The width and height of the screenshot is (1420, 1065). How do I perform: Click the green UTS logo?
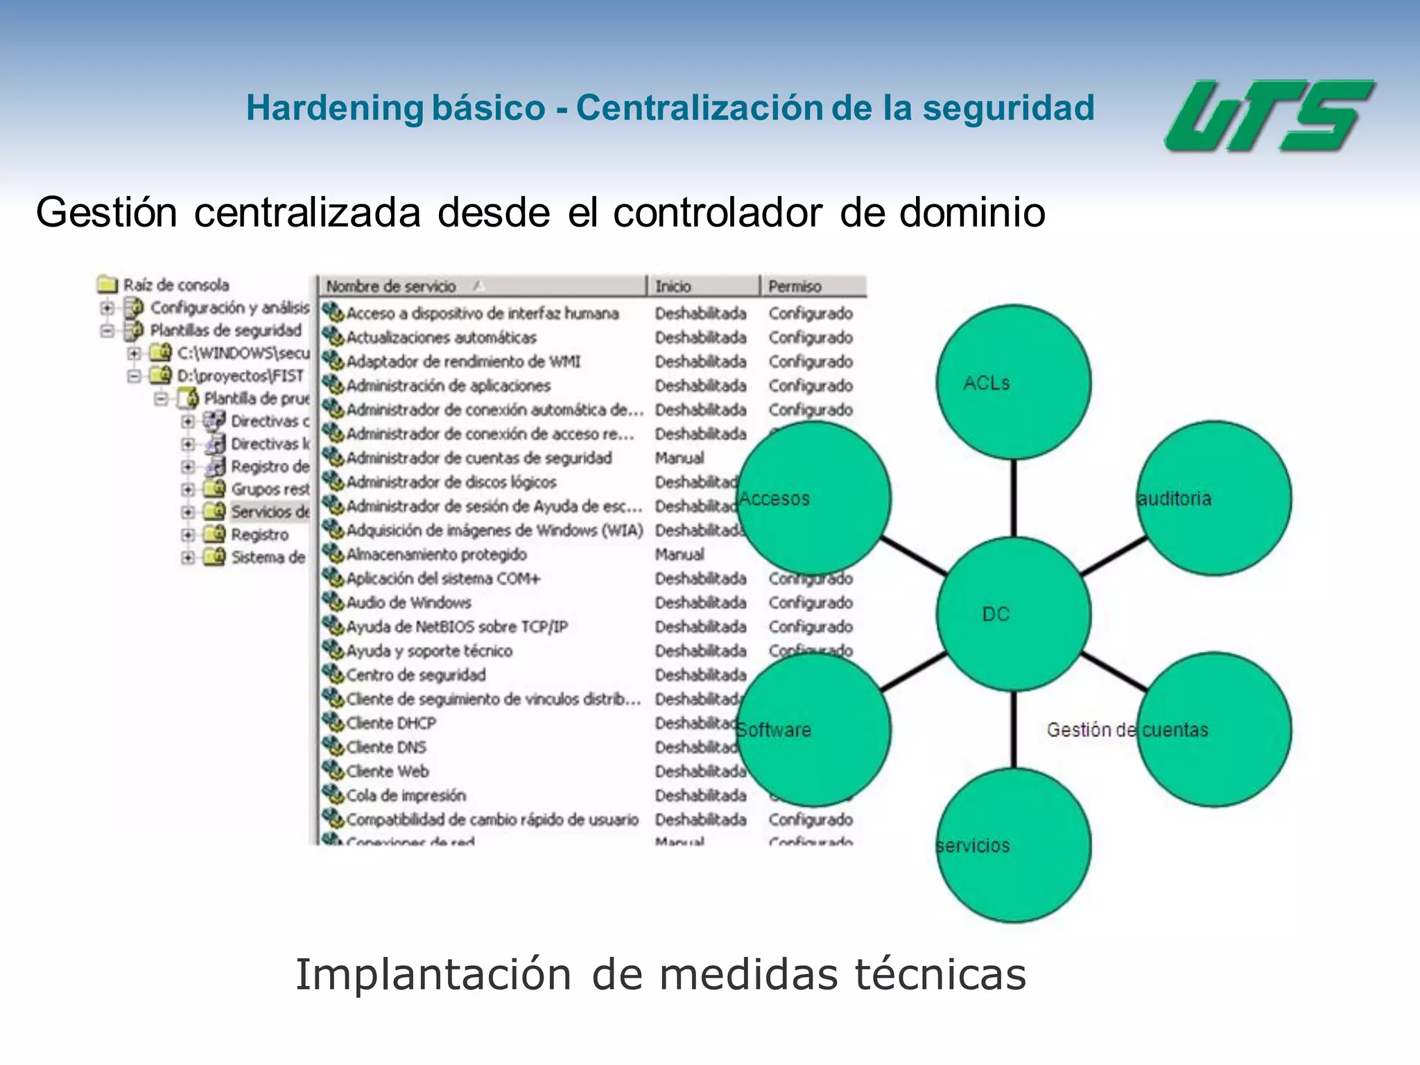1268,116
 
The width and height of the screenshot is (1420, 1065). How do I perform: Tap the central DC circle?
1012,614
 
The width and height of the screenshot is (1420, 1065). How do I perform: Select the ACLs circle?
1012,382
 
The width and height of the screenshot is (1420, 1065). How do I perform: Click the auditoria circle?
1215,498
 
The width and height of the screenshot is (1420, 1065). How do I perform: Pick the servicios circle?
1012,845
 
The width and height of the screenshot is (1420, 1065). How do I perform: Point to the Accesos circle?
813,498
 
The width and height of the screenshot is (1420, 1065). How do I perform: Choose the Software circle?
813,729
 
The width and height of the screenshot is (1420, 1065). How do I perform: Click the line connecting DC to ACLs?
1014,498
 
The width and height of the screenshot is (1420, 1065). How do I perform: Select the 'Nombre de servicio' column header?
392,286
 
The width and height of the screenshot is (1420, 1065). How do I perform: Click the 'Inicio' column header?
673,286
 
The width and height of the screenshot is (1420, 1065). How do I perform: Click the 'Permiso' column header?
795,286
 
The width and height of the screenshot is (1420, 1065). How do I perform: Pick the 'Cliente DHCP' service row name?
391,723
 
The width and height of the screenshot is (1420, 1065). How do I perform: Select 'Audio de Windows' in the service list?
408,602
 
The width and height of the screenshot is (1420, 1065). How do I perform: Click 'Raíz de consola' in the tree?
176,285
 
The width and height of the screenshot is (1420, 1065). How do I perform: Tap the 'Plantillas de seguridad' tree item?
226,330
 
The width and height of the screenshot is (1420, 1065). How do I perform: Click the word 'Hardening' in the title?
335,108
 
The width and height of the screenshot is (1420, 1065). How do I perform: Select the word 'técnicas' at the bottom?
940,974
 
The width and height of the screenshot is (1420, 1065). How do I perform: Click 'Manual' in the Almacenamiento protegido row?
679,554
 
